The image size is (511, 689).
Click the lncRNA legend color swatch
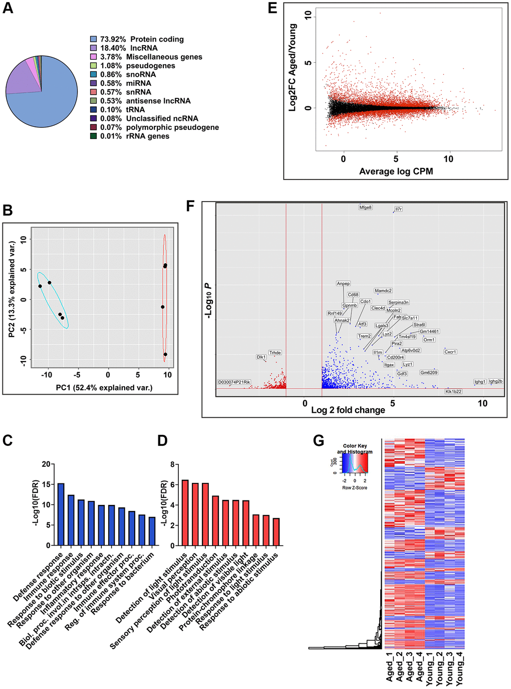click(x=93, y=48)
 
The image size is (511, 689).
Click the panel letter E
click(x=273, y=8)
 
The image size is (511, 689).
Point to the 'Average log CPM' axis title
click(x=396, y=171)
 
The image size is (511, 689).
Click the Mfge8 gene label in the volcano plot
click(x=365, y=207)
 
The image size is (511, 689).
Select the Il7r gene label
click(x=398, y=209)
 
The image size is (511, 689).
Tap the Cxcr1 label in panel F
click(x=450, y=352)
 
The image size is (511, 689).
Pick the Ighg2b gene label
click(x=495, y=382)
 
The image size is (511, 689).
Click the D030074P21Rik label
click(x=234, y=382)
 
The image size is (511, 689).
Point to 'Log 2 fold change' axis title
click(x=348, y=410)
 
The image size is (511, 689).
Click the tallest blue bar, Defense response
click(x=61, y=514)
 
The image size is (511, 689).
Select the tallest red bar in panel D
click(x=185, y=512)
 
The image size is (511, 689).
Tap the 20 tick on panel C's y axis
click(x=46, y=464)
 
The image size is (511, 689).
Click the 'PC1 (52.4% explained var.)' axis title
click(x=104, y=388)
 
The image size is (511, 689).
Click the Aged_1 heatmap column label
click(x=390, y=667)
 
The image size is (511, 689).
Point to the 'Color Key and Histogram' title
click(x=355, y=449)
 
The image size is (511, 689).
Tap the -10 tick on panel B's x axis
click(x=47, y=375)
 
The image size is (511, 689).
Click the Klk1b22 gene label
click(x=453, y=392)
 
